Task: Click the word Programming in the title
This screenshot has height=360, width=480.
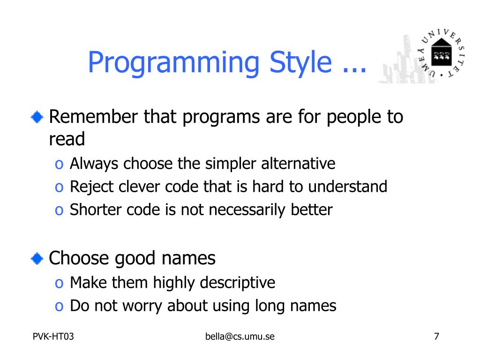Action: click(x=173, y=63)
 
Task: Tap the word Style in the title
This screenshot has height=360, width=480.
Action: click(x=300, y=63)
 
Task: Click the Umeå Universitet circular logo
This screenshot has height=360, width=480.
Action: click(x=442, y=53)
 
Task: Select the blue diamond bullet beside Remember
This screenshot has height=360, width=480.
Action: click(x=37, y=117)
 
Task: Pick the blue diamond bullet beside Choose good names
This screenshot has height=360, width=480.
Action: click(x=37, y=258)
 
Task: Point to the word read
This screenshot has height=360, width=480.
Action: click(x=67, y=139)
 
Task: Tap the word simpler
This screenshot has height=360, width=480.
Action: click(x=230, y=164)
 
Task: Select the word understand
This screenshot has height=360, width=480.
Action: click(x=347, y=187)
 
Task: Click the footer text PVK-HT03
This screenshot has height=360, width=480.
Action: click(x=53, y=337)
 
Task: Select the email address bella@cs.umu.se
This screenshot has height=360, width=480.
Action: click(x=240, y=337)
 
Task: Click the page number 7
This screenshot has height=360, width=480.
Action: click(x=436, y=337)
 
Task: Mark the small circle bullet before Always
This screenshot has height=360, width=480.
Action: click(x=59, y=165)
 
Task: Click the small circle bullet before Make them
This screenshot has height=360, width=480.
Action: click(x=59, y=284)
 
